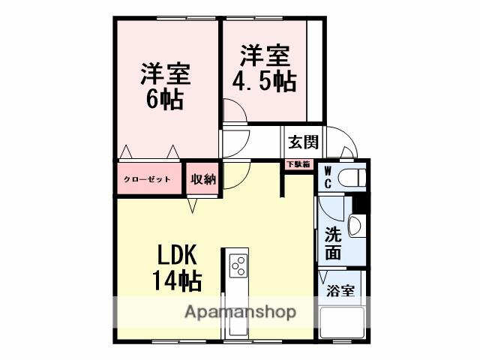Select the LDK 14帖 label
[177, 267]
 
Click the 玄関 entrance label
[304, 141]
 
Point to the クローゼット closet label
[148, 179]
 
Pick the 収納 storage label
[202, 179]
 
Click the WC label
[328, 178]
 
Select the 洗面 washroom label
[332, 243]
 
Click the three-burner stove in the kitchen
[238, 265]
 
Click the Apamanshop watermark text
[240, 312]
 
